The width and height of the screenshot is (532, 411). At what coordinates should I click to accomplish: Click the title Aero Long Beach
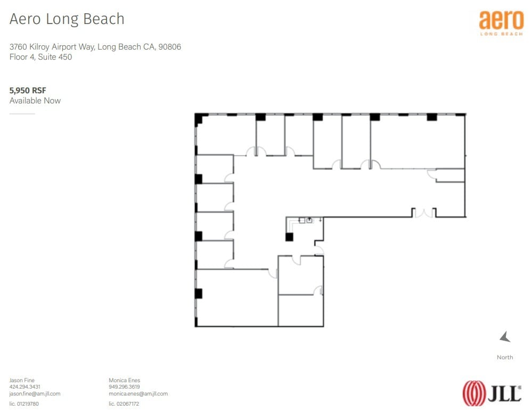67,19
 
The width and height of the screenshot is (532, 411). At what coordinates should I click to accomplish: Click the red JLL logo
492,393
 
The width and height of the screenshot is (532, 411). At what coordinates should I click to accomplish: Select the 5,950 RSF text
28,90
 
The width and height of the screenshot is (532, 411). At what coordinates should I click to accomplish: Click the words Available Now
35,101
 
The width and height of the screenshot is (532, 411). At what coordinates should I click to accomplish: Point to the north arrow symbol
505,337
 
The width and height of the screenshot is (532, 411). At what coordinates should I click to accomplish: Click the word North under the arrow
505,357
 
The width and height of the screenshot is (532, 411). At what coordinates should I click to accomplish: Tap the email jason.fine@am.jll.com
35,393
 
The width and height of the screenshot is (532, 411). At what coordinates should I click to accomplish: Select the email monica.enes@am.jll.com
138,393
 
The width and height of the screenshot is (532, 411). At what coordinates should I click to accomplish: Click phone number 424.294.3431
25,387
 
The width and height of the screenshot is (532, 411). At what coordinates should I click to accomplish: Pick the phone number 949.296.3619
124,387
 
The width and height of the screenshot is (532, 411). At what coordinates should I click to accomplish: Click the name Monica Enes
124,380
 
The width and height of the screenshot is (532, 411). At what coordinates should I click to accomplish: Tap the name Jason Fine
22,380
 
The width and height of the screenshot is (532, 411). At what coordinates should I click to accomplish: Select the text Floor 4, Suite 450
40,57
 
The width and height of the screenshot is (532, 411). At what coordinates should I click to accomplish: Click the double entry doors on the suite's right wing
424,213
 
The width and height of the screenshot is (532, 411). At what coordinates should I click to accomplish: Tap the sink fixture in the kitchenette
309,220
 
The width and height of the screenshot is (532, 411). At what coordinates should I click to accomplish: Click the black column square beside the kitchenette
289,237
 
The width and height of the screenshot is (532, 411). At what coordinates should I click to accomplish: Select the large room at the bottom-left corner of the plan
236,299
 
